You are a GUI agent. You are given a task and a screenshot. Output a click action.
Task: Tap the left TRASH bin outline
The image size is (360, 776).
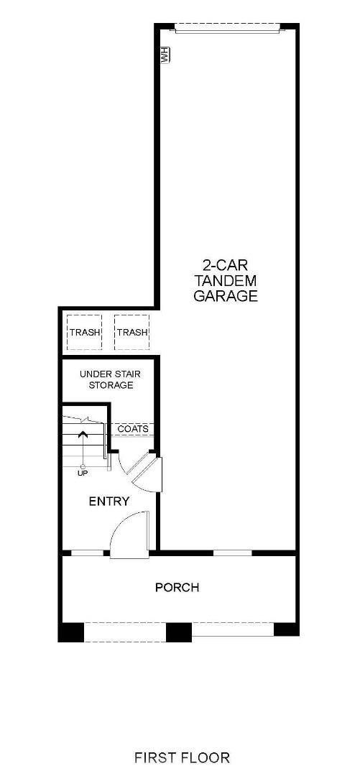[84, 332]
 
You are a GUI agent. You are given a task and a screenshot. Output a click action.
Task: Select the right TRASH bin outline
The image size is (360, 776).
[131, 332]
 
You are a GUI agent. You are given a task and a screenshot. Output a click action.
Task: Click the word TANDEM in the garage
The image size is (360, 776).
[226, 280]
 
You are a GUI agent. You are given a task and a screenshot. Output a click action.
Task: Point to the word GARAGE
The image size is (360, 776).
[226, 295]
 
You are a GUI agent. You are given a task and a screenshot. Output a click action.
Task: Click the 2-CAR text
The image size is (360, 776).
[226, 264]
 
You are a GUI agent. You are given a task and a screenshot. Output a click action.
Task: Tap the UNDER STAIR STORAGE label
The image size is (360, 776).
[106, 379]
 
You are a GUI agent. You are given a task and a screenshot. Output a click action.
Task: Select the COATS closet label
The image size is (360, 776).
[133, 429]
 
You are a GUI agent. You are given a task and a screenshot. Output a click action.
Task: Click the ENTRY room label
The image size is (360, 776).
[109, 501]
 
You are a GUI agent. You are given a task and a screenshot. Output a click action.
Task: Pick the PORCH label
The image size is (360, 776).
[177, 587]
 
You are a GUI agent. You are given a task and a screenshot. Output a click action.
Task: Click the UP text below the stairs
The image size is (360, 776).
[83, 473]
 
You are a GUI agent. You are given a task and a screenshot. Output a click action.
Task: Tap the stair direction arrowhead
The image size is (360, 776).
[83, 434]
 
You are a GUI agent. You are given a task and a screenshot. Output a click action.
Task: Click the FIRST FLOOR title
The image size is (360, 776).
[182, 757]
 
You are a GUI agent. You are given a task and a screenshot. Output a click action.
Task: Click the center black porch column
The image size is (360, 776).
[179, 631]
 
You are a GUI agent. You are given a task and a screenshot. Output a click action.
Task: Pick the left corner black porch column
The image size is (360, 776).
[71, 631]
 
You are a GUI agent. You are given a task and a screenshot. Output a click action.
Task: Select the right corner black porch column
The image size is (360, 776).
[286, 629]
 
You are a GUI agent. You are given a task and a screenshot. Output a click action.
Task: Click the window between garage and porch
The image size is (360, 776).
[233, 553]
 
